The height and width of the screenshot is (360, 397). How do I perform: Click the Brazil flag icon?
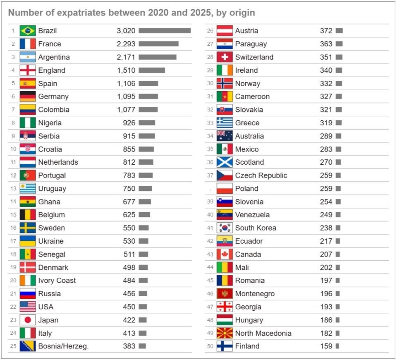tap(28, 31)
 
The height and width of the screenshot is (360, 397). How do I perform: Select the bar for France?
tap(158, 44)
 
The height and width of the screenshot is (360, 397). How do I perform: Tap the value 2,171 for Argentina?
tap(126, 57)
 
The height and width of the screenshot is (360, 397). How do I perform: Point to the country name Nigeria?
tap(50, 123)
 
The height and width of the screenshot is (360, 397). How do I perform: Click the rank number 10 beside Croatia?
tap(13, 149)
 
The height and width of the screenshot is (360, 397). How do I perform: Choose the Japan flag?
tap(28, 320)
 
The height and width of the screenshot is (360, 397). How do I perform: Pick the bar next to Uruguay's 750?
tap(145, 189)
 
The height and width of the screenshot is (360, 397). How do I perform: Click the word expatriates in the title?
tap(77, 13)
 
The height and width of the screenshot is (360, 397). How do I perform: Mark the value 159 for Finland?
tap(326, 346)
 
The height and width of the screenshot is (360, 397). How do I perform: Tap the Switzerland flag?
tap(225, 57)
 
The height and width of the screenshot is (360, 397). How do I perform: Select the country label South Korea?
tap(256, 228)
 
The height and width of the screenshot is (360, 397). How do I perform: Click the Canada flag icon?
tap(225, 254)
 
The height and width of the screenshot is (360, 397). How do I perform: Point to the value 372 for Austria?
tap(326, 31)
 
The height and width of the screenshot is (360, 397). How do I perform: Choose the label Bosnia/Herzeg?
tap(63, 346)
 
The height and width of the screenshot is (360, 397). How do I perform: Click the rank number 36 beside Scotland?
tap(210, 162)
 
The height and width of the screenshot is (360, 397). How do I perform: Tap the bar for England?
tap(152, 70)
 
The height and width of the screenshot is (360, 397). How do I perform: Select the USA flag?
tap(28, 307)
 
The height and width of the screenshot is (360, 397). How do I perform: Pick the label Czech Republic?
tap(261, 175)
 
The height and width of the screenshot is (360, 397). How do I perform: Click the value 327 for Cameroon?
tap(326, 96)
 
